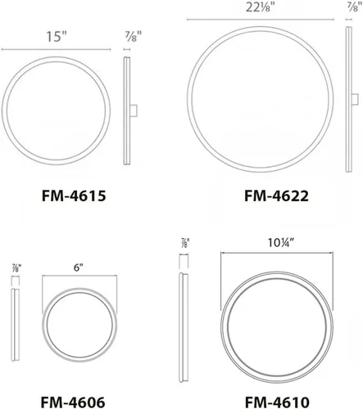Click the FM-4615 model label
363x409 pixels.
(74, 196)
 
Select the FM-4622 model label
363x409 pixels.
(276, 196)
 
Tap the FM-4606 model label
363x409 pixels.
(73, 402)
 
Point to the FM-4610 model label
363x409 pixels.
(277, 402)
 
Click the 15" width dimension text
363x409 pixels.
(57, 37)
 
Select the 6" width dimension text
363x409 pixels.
(78, 267)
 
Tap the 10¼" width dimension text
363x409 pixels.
(280, 243)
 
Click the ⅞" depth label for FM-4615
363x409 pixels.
(134, 36)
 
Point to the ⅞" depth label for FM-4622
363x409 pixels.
(352, 7)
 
